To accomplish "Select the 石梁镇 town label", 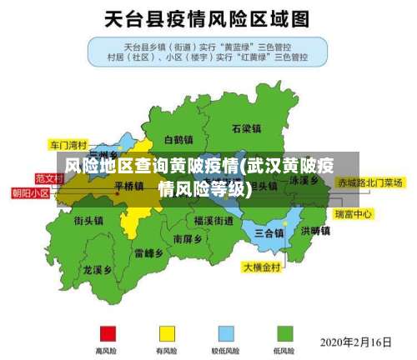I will [x=247, y=128].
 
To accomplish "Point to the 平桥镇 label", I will [x=128, y=186].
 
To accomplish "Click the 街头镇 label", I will [x=88, y=221].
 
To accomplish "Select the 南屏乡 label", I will [x=188, y=238].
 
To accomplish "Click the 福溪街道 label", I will [x=214, y=221].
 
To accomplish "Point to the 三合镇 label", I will [x=269, y=232].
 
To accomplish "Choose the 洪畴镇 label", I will [x=316, y=230].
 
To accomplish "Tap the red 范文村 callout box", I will [x=48, y=178].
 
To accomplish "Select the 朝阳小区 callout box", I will [x=30, y=192].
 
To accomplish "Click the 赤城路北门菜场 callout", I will [x=369, y=182].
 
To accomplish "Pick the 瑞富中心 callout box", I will [x=354, y=214].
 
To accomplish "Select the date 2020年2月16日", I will [x=356, y=342].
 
